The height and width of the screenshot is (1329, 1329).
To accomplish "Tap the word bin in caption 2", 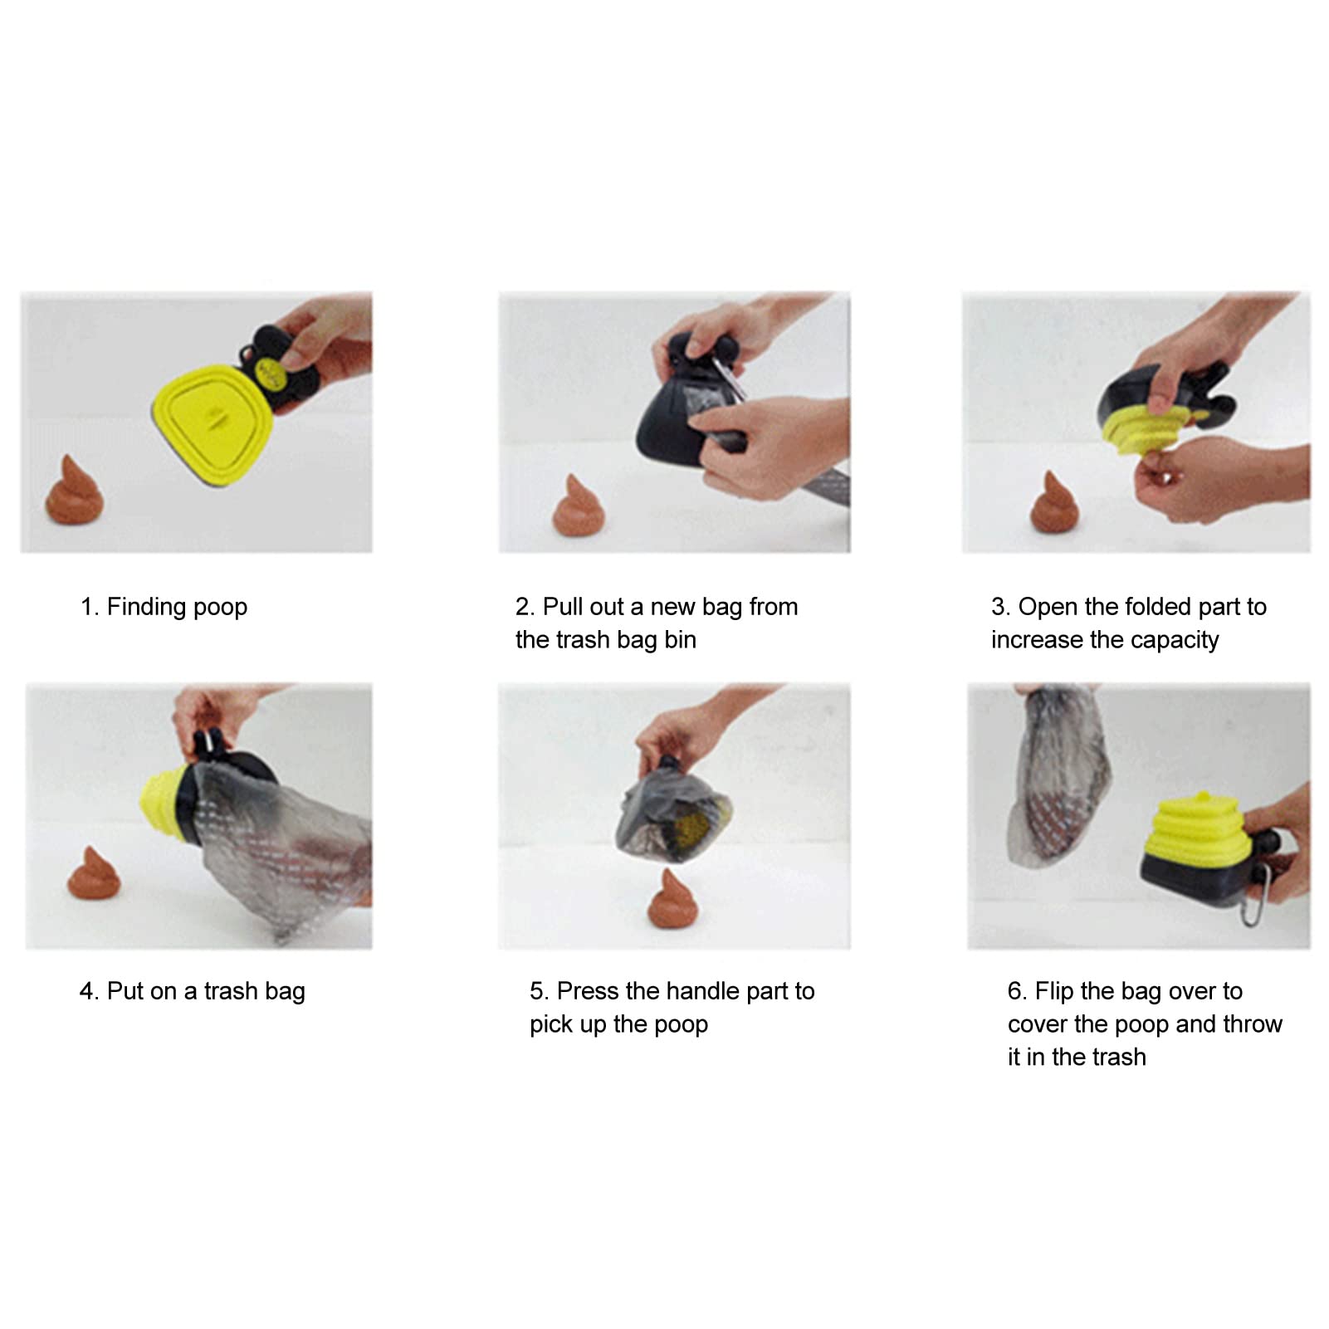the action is [681, 640].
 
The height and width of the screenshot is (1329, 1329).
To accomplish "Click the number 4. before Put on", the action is [90, 991].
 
